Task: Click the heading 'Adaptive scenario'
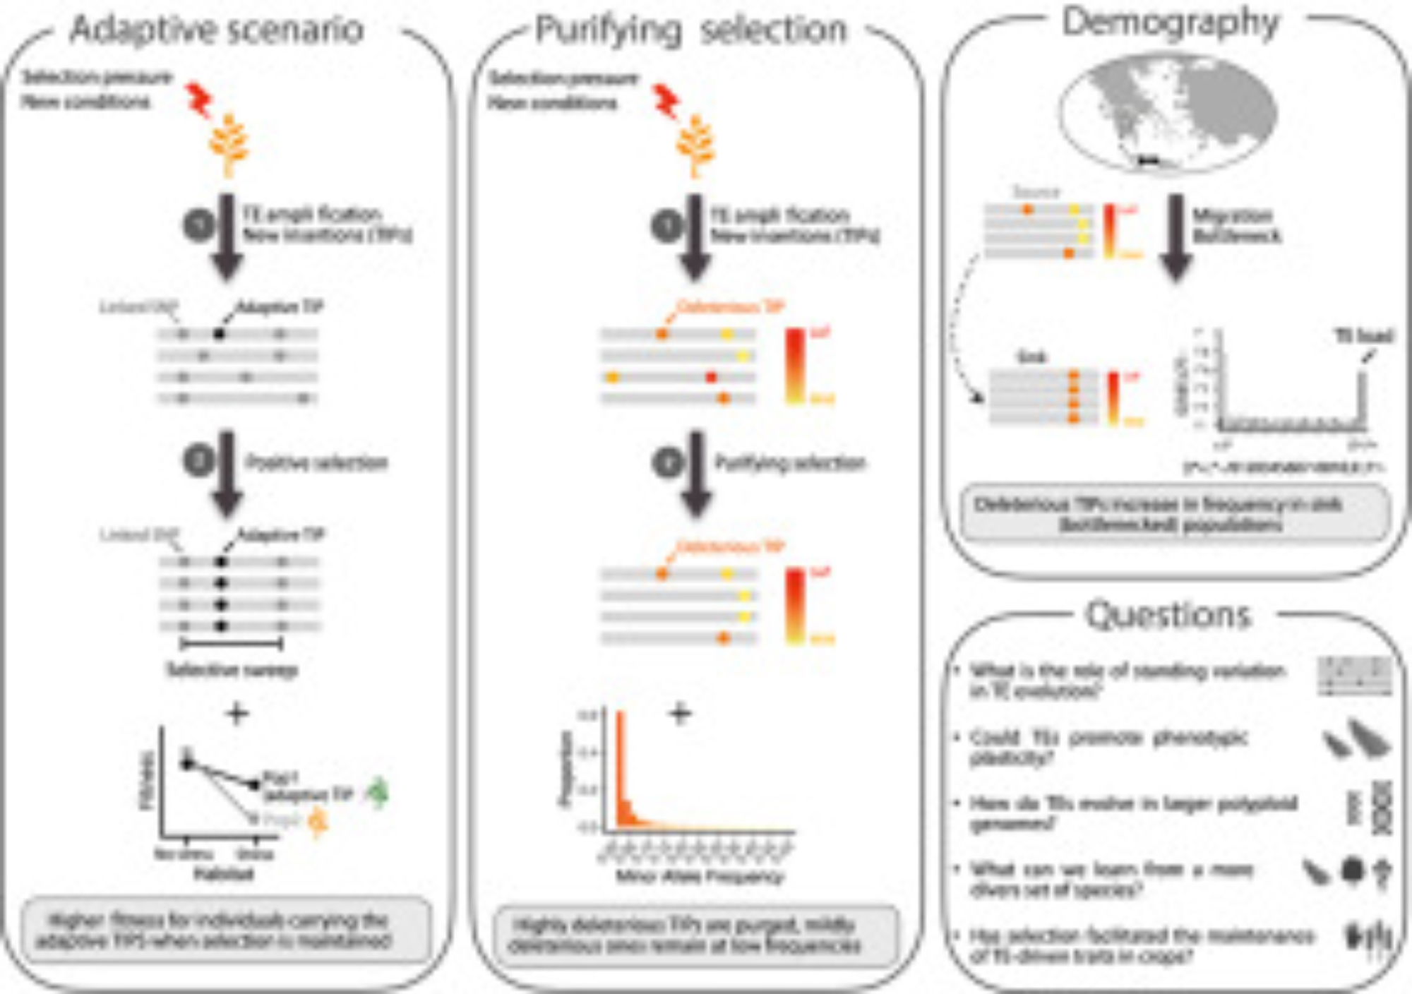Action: [217, 30]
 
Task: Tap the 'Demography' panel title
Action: [1171, 23]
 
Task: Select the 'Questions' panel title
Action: [1168, 614]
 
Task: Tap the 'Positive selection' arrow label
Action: [316, 463]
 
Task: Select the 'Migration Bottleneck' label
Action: [1235, 225]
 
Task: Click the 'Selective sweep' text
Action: [232, 669]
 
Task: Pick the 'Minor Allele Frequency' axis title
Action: [700, 877]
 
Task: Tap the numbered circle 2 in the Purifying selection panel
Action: [667, 463]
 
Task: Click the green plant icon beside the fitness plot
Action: [378, 792]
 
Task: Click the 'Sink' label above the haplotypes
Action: [1031, 357]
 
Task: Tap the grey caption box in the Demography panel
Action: [1175, 514]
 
